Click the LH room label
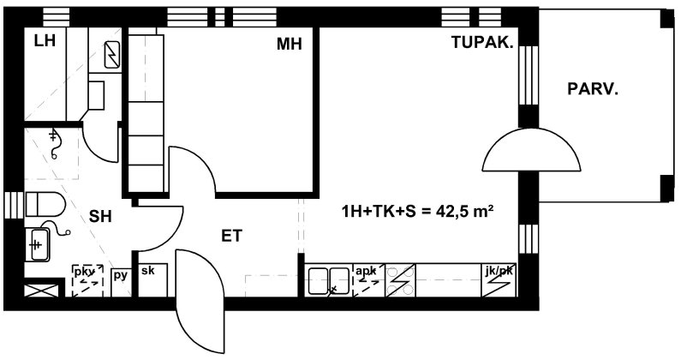click(45, 41)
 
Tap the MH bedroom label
click(290, 44)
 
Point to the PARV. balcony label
click(593, 89)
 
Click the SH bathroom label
click(100, 216)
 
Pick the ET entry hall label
click(231, 236)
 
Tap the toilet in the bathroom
click(45, 204)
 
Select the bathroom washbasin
click(37, 245)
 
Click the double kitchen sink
click(329, 280)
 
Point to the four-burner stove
click(400, 280)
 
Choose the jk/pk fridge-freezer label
click(499, 272)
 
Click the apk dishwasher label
click(366, 271)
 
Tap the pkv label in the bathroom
click(84, 273)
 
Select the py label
click(120, 276)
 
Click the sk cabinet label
click(148, 270)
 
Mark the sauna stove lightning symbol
click(112, 55)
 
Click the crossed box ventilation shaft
click(41, 291)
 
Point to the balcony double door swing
click(532, 149)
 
